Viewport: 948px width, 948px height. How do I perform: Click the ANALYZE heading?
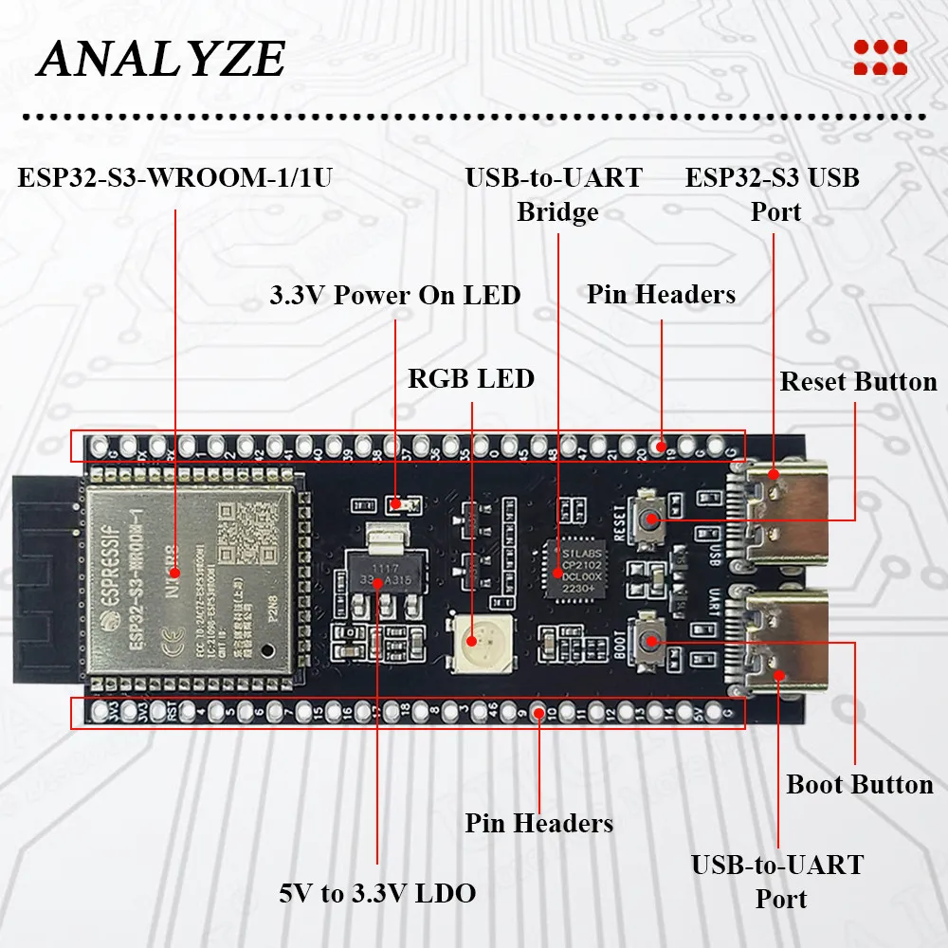coord(161,60)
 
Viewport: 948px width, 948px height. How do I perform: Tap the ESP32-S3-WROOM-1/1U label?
coord(174,177)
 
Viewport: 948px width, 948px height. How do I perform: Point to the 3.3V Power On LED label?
coord(394,295)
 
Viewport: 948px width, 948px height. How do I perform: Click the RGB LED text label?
coord(471,379)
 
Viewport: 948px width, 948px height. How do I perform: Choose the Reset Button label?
coord(858,382)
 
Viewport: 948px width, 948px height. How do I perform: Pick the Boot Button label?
coord(860,785)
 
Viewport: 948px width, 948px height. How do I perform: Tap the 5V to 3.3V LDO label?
coord(377,892)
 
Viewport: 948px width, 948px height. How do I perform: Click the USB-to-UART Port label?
coord(777,881)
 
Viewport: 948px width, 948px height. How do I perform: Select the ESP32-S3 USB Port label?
coord(773,194)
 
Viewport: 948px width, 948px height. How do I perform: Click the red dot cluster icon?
coord(880,57)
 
